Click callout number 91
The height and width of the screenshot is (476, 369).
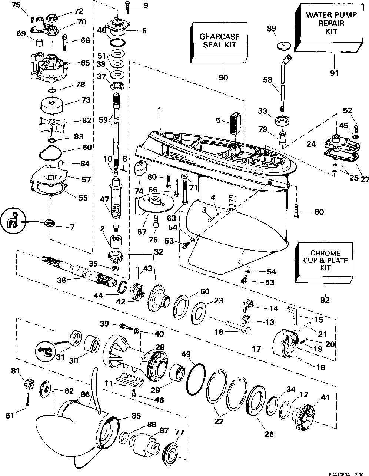pos(334,73)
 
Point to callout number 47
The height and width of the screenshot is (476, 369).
pos(104,199)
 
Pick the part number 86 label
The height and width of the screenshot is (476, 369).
pos(85,395)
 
